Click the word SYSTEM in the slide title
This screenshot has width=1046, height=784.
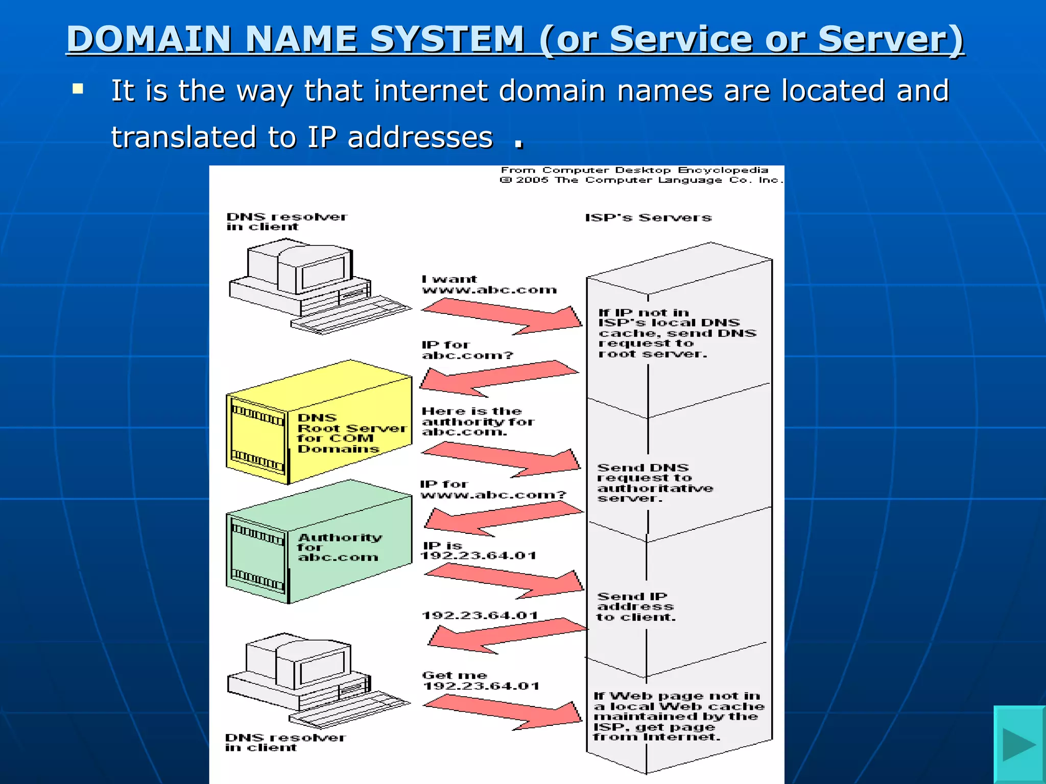pos(447,39)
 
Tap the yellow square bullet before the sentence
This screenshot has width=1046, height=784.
pos(78,89)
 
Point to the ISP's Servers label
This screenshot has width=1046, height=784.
pos(648,218)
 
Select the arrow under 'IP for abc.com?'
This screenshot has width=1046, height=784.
pos(498,378)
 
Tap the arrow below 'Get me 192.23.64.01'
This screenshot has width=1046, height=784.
pos(503,712)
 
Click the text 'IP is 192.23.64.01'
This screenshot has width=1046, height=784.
pos(478,551)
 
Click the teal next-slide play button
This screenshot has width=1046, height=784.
pos(1019,744)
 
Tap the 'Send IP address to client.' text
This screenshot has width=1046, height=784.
pos(636,607)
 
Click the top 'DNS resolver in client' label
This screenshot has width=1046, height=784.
pos(286,222)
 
